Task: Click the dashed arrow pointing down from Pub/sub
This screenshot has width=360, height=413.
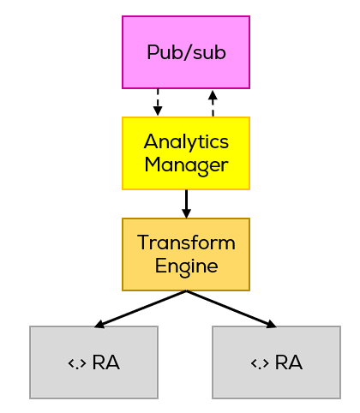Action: [157, 102]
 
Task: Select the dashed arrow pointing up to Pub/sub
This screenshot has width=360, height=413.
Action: [213, 102]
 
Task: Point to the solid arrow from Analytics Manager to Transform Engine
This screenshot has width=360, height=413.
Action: [186, 202]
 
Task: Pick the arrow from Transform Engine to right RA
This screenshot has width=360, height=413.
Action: [231, 309]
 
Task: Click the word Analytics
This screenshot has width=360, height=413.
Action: [186, 141]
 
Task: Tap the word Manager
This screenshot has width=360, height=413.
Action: [186, 164]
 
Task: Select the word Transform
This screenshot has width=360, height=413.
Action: [186, 242]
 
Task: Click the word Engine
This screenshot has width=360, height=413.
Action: [186, 266]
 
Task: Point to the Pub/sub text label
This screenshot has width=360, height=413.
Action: [186, 52]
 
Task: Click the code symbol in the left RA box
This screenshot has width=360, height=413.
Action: [76, 362]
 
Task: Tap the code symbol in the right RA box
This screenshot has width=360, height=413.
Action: [260, 362]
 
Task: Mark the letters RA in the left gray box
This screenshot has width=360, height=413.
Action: [105, 362]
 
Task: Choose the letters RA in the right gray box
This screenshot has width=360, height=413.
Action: [289, 362]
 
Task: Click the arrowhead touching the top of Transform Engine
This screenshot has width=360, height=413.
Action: [186, 213]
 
